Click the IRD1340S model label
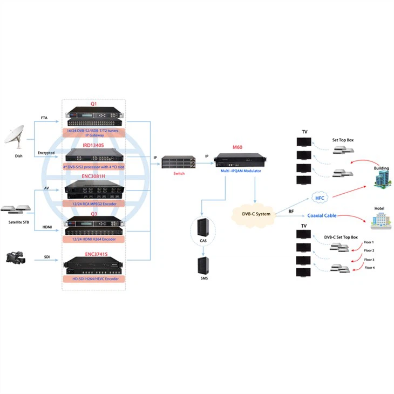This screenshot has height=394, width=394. click(93, 145)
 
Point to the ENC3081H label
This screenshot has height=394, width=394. click(93, 176)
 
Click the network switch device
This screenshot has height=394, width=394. click(179, 162)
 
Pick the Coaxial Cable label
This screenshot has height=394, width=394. click(322, 215)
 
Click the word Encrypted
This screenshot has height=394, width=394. click(46, 153)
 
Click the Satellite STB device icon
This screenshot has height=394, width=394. click(17, 208)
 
